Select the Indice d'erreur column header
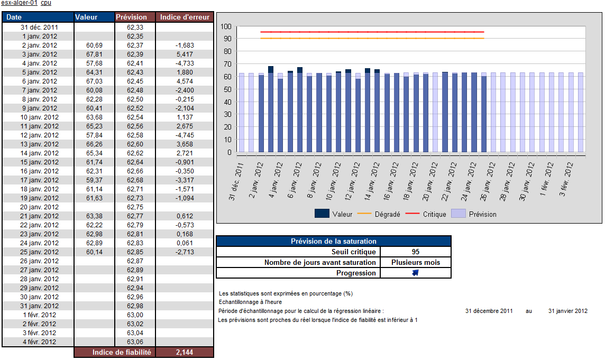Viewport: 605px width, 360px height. tap(185, 17)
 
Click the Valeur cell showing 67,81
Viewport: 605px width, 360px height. tap(95, 54)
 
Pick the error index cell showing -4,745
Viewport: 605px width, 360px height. tap(185, 135)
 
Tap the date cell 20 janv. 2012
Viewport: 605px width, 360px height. tap(39, 207)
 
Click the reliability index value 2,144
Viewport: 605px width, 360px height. tap(185, 352)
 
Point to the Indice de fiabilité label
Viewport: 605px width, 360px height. tap(122, 352)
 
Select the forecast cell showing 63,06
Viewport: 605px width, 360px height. tap(135, 342)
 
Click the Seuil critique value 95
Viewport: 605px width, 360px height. tap(415, 252)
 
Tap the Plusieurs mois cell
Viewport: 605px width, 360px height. tap(415, 262)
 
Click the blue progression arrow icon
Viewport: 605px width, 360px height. tap(415, 273)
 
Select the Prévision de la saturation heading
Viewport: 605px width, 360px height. tap(334, 241)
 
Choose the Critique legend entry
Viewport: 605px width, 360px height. tap(428, 214)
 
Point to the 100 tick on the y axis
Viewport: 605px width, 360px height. tap(226, 26)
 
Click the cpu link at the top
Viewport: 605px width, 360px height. tap(46, 3)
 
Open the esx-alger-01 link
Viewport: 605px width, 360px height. tap(20, 3)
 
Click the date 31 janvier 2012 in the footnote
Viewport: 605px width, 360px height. tap(567, 311)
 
